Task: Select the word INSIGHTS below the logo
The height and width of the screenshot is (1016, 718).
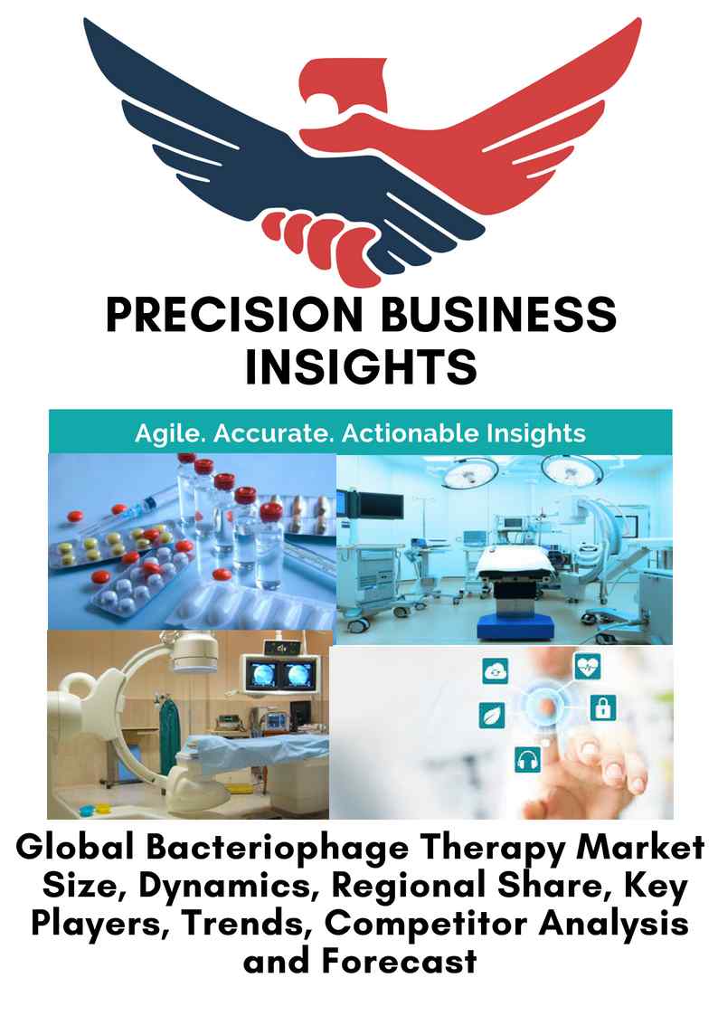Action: [362, 366]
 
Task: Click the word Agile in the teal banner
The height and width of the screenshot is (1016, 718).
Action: [171, 433]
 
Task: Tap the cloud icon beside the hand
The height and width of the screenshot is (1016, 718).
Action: [496, 670]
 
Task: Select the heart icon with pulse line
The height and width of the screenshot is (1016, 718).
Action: [588, 666]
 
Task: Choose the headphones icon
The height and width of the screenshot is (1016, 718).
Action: [528, 759]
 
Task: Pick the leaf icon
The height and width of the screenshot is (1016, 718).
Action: [491, 716]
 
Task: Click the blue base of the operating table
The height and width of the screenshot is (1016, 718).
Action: [515, 626]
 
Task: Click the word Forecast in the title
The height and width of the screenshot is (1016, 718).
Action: [400, 960]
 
